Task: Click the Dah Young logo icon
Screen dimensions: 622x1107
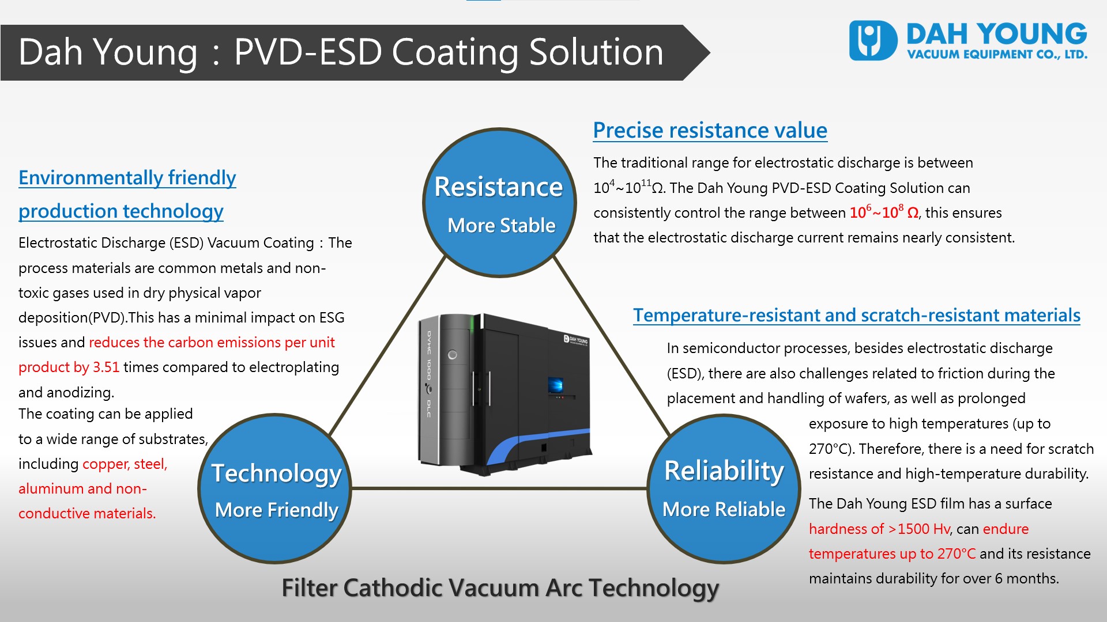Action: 873,40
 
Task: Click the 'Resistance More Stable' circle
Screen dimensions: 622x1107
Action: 499,203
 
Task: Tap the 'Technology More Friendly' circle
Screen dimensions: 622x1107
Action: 276,488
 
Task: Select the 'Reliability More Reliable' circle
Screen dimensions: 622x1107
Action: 724,488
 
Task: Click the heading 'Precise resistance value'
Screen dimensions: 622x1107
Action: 710,130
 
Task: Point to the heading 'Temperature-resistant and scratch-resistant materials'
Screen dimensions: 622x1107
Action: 856,315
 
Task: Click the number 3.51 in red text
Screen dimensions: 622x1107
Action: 106,367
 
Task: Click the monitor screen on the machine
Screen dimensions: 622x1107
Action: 555,384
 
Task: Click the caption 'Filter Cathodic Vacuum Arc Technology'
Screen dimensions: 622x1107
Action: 500,588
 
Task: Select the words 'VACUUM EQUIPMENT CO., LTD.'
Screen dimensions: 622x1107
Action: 997,55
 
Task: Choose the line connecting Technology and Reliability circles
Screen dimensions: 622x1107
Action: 499,488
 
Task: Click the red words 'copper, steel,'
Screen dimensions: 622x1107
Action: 125,464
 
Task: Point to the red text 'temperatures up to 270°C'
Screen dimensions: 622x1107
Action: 892,553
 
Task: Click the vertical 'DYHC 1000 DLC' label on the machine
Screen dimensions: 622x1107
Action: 429,374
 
